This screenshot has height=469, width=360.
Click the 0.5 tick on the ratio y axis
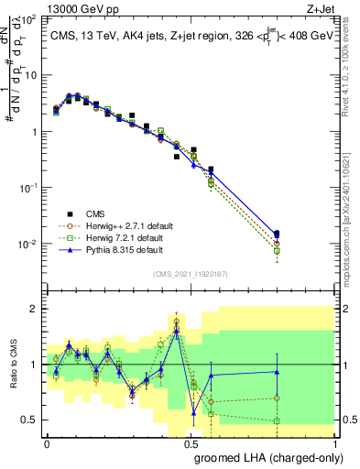29,420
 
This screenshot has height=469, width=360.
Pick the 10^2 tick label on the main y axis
27,19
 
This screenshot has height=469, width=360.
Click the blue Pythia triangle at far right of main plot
328,235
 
